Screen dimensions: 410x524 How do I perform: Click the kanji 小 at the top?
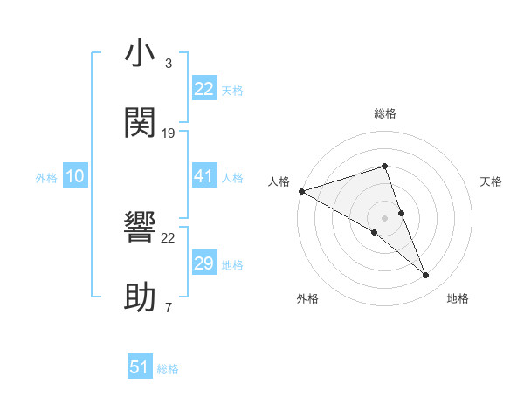(140, 53)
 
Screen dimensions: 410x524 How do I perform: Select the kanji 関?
(140, 123)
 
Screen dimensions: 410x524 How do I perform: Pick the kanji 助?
(140, 297)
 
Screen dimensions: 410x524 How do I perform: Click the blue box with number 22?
(204, 89)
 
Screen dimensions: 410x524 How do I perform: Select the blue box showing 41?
(204, 177)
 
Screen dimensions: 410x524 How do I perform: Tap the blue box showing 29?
(204, 263)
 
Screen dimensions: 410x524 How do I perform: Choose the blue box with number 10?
(75, 177)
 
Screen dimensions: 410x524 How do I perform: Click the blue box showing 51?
(140, 367)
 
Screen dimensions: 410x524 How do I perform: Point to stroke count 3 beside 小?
(169, 63)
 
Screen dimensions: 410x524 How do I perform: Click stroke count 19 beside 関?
(169, 133)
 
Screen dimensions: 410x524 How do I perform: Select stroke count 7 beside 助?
(169, 307)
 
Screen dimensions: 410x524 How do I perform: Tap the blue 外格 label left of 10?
(46, 178)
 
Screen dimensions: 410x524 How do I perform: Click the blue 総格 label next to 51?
(168, 369)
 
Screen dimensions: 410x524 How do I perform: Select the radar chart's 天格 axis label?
(491, 181)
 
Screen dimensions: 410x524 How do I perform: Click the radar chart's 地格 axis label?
(458, 298)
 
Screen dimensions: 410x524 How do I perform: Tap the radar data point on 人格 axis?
(301, 191)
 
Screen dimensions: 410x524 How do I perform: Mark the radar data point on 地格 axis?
(426, 276)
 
